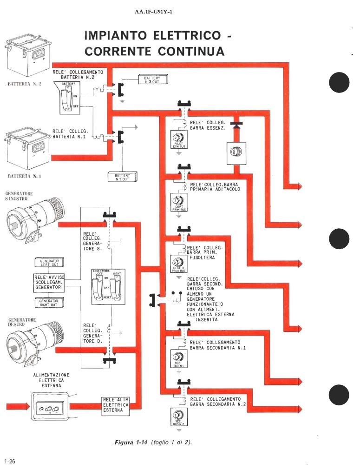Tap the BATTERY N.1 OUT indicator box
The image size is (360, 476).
click(121, 177)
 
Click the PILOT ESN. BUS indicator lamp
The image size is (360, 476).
click(178, 139)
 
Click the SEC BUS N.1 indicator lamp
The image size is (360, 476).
click(178, 358)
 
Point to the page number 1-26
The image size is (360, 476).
click(10, 461)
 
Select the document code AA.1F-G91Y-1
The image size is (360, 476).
click(155, 12)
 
